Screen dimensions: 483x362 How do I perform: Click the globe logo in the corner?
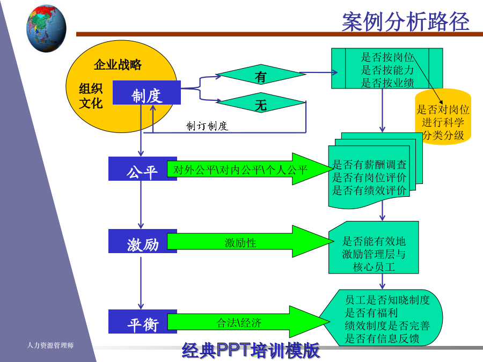point(46,28)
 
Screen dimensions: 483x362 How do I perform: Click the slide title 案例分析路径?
point(405,21)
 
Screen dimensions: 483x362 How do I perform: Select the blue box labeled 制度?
point(147,93)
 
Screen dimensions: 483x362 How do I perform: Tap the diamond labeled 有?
point(261,74)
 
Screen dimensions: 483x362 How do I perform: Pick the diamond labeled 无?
point(261,102)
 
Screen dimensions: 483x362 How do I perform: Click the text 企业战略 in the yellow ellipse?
point(118,65)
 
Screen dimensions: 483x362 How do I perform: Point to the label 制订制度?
point(207,126)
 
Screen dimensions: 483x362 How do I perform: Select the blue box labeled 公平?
point(143,169)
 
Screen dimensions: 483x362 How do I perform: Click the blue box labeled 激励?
point(143,241)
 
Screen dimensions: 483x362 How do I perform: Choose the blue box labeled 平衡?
point(143,322)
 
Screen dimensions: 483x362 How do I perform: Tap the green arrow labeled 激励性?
point(250,241)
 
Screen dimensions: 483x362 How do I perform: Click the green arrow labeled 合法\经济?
point(248,322)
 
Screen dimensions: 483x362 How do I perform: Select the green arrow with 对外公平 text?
point(250,169)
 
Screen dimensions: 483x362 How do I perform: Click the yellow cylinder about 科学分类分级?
point(443,117)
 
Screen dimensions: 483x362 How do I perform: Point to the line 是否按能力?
point(387,70)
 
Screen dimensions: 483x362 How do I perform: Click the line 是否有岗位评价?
point(369,178)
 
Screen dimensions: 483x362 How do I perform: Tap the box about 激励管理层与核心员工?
point(374,247)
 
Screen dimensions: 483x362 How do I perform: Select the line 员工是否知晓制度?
point(387,299)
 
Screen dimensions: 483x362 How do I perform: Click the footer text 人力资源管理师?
point(50,345)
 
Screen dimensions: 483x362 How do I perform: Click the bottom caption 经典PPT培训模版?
point(251,350)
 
